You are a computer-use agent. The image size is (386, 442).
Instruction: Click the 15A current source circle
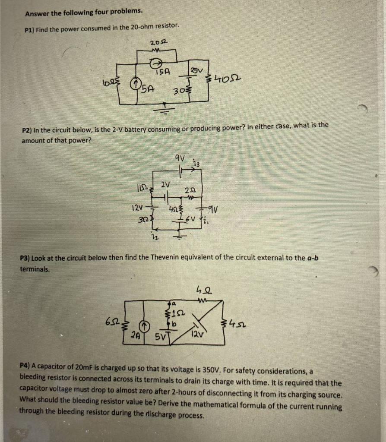point(153,64)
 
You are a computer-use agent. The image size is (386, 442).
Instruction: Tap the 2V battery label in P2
point(165,185)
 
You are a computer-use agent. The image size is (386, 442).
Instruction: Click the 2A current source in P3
point(146,325)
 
